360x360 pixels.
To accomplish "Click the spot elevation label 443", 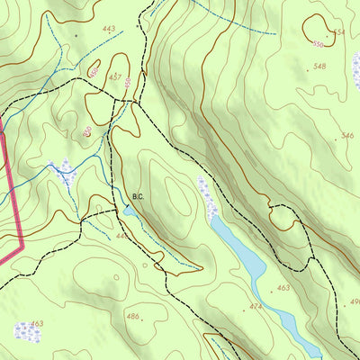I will (x=109, y=30).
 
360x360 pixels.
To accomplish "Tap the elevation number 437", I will (x=115, y=77).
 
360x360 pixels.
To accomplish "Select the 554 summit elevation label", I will (x=338, y=32).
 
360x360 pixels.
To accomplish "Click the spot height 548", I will (x=319, y=67).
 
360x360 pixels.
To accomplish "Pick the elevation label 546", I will (x=346, y=136).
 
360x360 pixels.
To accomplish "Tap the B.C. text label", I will (x=138, y=195).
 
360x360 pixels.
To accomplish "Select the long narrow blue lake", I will (x=252, y=270).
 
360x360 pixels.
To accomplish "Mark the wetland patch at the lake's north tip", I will (x=209, y=200).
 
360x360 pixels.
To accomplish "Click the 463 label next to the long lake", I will (x=283, y=288).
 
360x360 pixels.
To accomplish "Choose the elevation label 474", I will (x=256, y=307).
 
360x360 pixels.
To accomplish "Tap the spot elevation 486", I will (x=132, y=317).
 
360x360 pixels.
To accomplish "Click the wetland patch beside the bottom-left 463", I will (x=24, y=331).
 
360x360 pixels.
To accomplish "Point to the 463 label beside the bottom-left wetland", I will (x=36, y=323).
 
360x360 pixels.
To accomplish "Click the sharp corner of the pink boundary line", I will (x=22, y=240).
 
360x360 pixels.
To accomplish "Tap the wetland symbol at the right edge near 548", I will (x=355, y=76).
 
